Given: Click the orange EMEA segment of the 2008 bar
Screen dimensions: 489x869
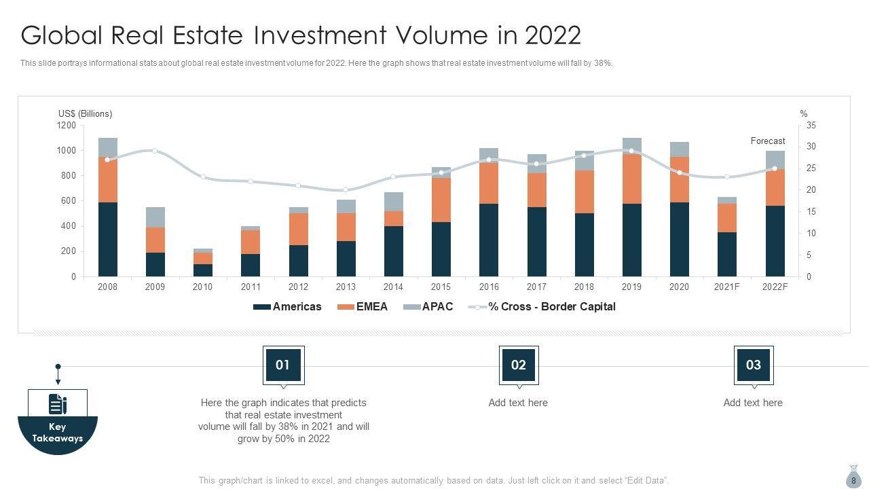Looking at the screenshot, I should tap(107, 179).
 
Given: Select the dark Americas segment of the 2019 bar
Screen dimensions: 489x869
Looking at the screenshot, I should tap(631, 240).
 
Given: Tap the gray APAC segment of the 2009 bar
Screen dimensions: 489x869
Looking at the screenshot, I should tap(155, 217).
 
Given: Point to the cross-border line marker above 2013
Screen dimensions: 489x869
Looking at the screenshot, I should tap(346, 190).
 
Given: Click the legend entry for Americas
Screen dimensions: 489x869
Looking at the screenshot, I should tap(287, 307).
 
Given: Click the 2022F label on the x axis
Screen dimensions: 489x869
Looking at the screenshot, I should tap(775, 287).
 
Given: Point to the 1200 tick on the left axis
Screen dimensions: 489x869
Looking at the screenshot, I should tap(67, 126).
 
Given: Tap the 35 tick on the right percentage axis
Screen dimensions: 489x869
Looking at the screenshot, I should tap(811, 126).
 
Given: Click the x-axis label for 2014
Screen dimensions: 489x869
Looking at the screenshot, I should tap(393, 287).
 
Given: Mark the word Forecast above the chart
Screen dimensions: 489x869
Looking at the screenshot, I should tap(767, 141).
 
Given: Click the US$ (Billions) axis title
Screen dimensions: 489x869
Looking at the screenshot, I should tap(85, 114).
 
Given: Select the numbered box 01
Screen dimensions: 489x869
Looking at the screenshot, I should tap(282, 365).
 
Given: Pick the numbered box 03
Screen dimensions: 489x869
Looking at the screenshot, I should tap(754, 365).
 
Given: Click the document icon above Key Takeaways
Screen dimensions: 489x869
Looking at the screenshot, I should tap(58, 404).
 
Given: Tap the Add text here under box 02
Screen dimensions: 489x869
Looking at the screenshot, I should tap(518, 403).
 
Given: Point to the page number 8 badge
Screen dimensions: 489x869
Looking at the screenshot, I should tap(853, 479).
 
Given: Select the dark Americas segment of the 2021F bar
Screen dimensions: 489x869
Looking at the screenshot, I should tap(726, 254).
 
